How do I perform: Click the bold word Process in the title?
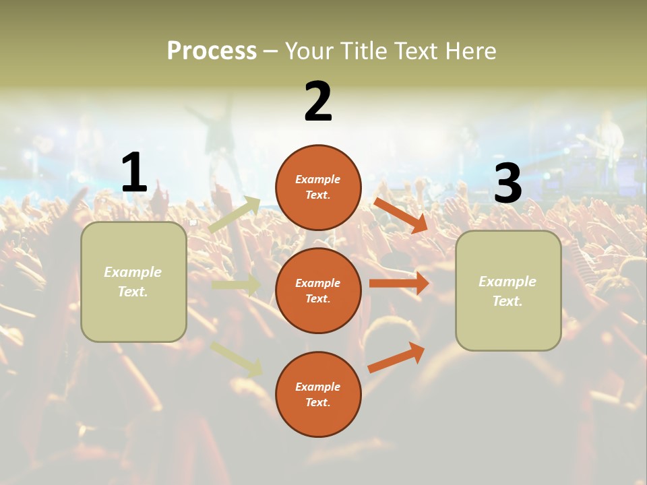[x=212, y=51]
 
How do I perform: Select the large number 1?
[x=134, y=172]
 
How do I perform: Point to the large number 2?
[x=318, y=102]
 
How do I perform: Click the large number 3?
[x=507, y=183]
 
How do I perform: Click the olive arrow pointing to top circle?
[x=235, y=214]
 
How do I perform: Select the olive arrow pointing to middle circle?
[x=236, y=285]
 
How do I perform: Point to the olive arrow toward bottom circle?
[x=237, y=358]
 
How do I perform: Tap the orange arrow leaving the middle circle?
[x=399, y=283]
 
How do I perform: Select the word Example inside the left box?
[x=133, y=272]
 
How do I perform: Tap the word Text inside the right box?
[x=507, y=301]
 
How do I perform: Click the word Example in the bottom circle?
[x=318, y=387]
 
